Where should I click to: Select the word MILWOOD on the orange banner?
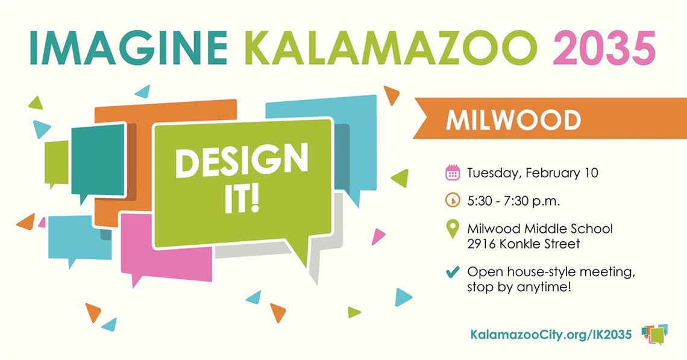[x=513, y=121]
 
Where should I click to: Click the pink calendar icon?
[x=452, y=173]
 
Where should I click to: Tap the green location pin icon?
[x=452, y=230]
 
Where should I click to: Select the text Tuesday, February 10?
[x=532, y=174]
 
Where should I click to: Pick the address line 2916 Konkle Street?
[x=523, y=244]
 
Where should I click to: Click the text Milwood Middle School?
[x=540, y=229]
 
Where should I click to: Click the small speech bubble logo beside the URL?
[x=655, y=333]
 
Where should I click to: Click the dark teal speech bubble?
[x=96, y=160]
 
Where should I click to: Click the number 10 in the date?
[x=591, y=174]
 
